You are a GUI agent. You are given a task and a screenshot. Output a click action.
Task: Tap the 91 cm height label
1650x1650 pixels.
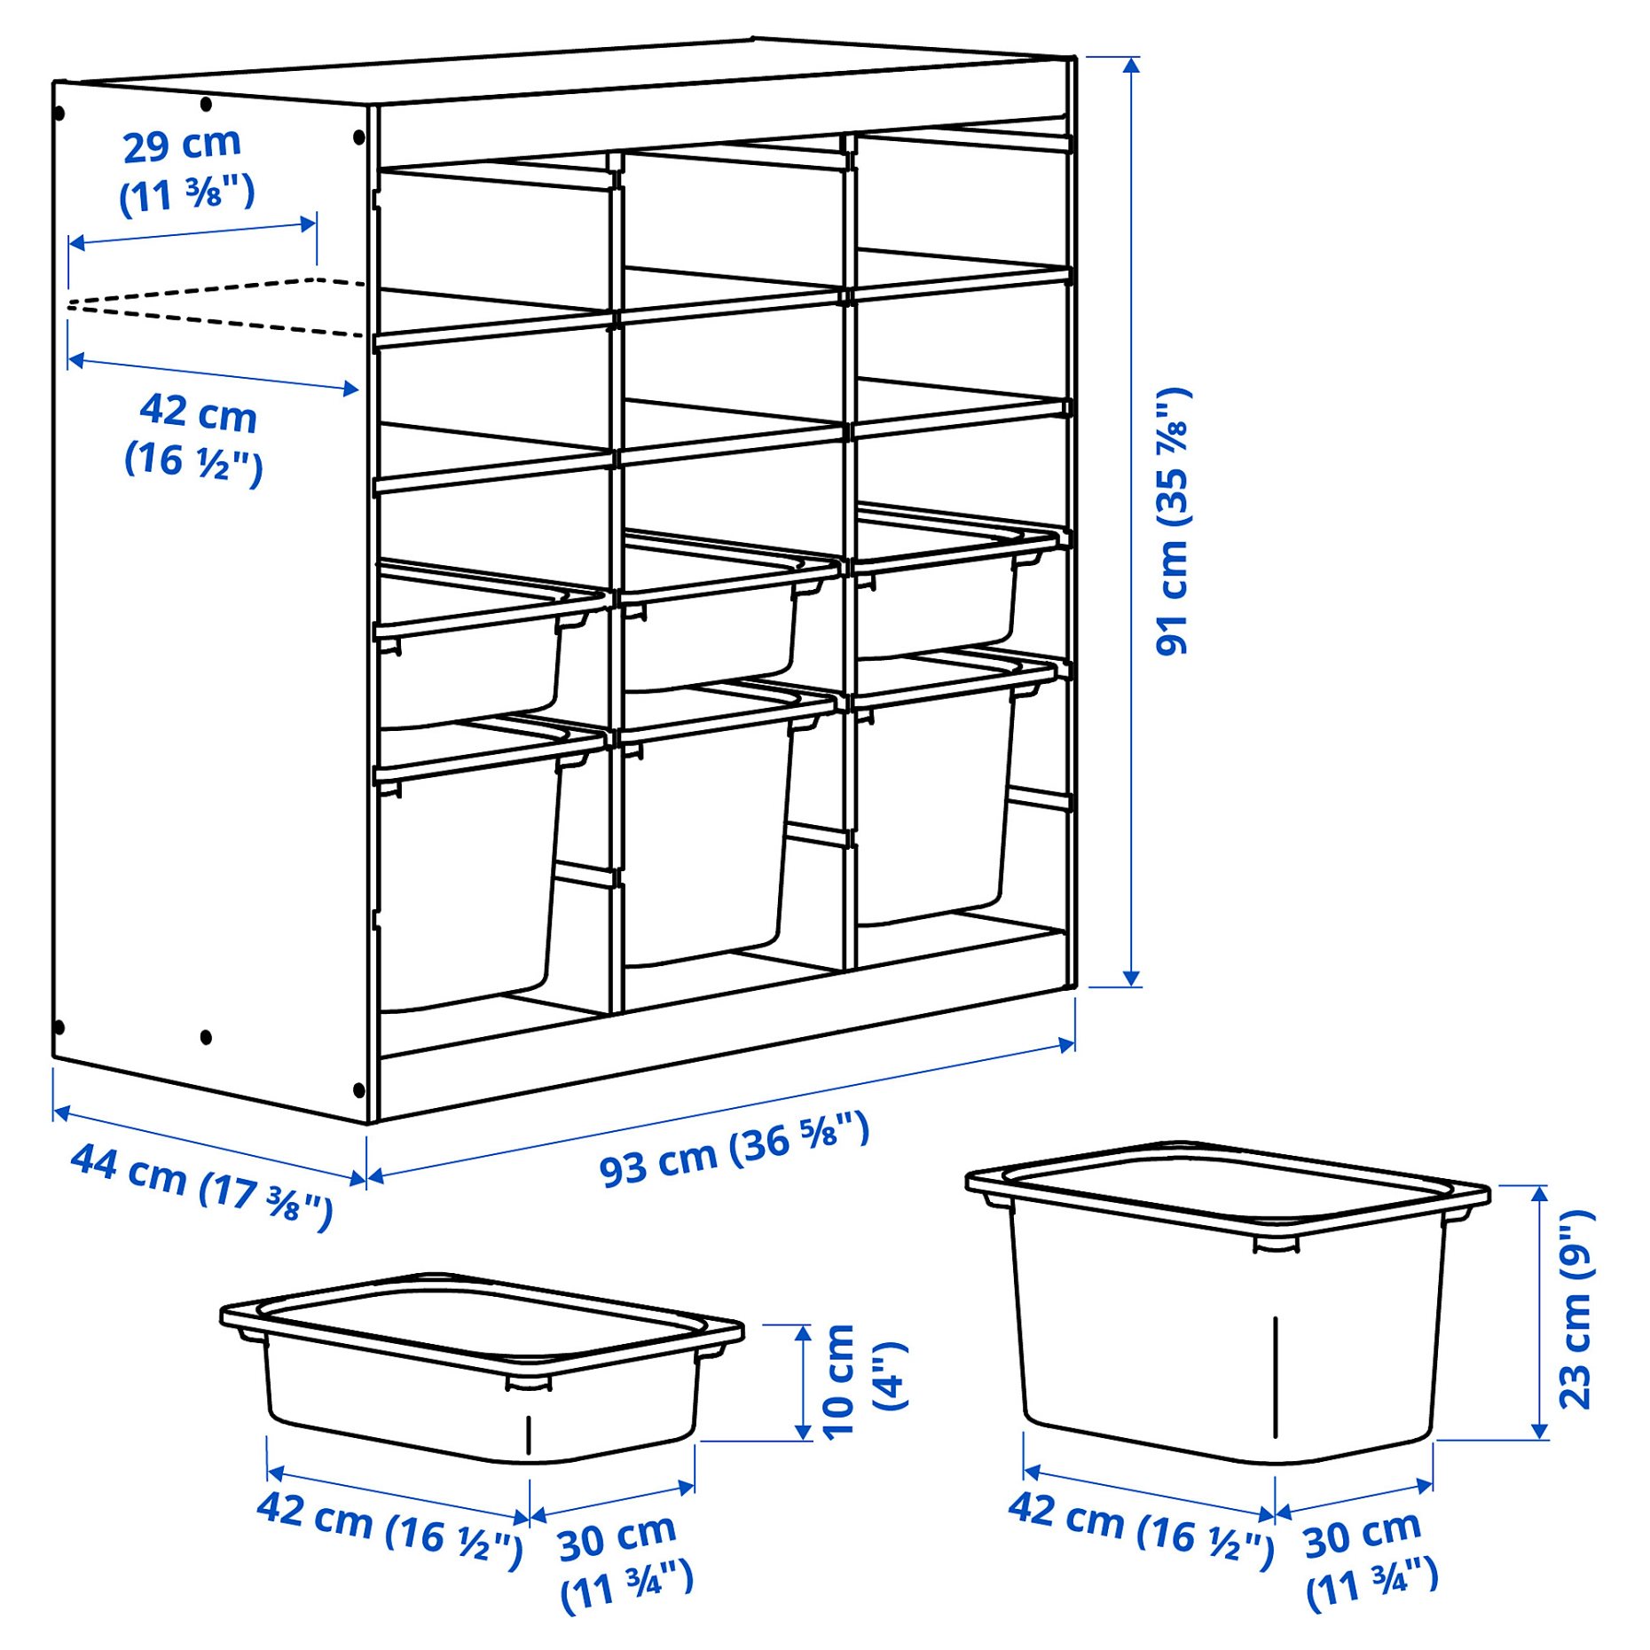pos(1173,522)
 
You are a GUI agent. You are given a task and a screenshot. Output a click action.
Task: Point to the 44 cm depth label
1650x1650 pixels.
pos(202,1184)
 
